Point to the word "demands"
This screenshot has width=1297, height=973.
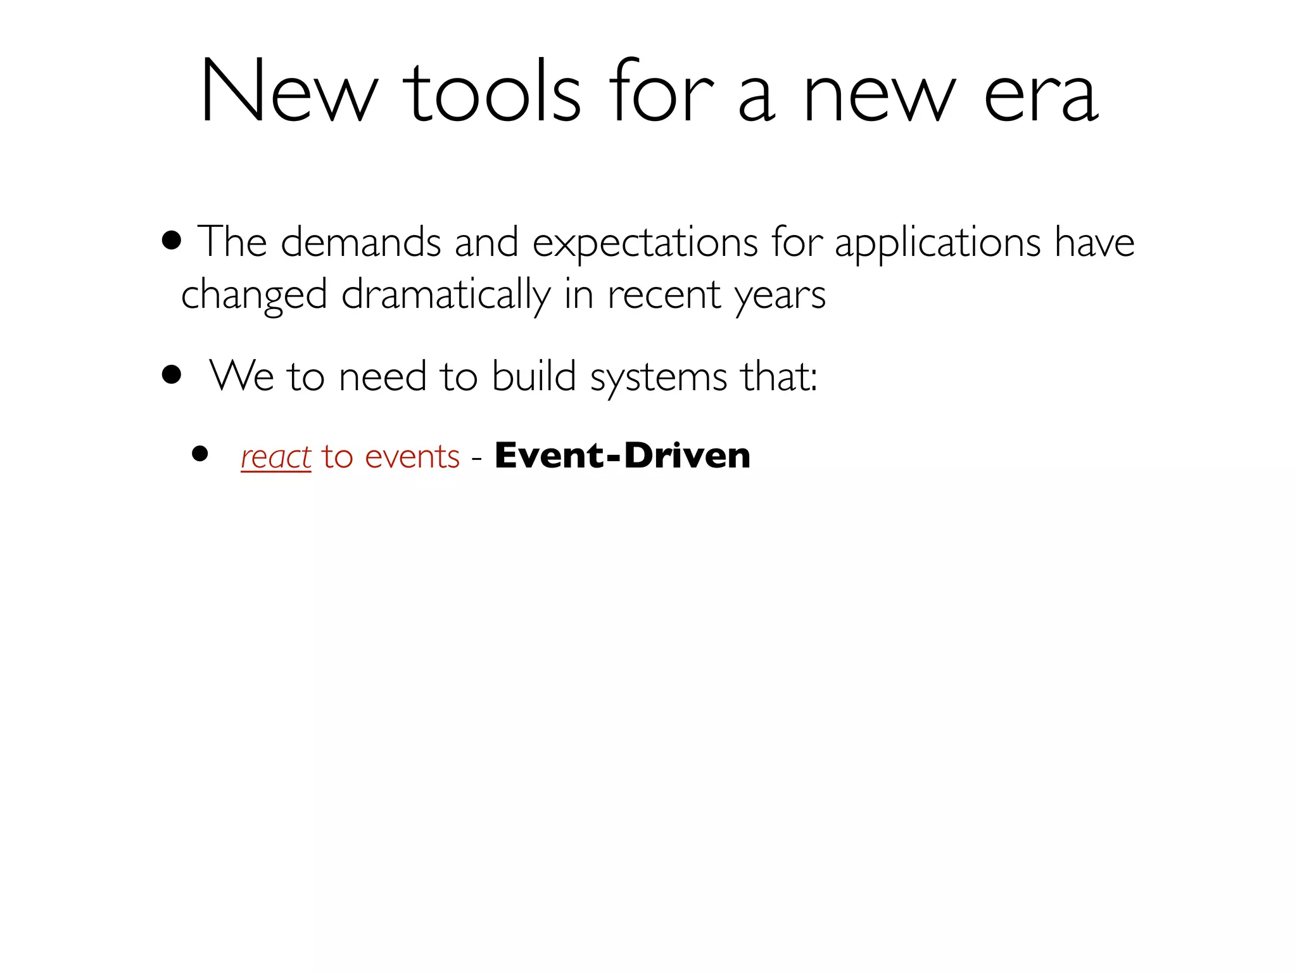pyautogui.click(x=360, y=242)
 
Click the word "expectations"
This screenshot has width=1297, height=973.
pyautogui.click(x=645, y=243)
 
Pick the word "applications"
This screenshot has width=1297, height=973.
pyautogui.click(x=937, y=243)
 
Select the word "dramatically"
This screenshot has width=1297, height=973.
pyautogui.click(x=446, y=295)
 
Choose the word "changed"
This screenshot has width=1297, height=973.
pyautogui.click(x=254, y=295)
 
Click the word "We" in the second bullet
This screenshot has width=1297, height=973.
pyautogui.click(x=241, y=376)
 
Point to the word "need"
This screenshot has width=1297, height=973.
pyautogui.click(x=383, y=376)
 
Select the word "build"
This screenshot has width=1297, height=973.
pyautogui.click(x=534, y=376)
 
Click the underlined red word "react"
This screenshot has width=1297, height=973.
pyautogui.click(x=276, y=457)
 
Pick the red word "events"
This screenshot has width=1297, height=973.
pyautogui.click(x=412, y=457)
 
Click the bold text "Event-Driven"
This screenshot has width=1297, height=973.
pyautogui.click(x=623, y=455)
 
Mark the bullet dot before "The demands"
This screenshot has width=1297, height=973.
pyautogui.click(x=172, y=241)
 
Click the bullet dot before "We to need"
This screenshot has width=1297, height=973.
pyautogui.click(x=172, y=374)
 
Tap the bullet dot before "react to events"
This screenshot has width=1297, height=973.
pyautogui.click(x=200, y=454)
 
